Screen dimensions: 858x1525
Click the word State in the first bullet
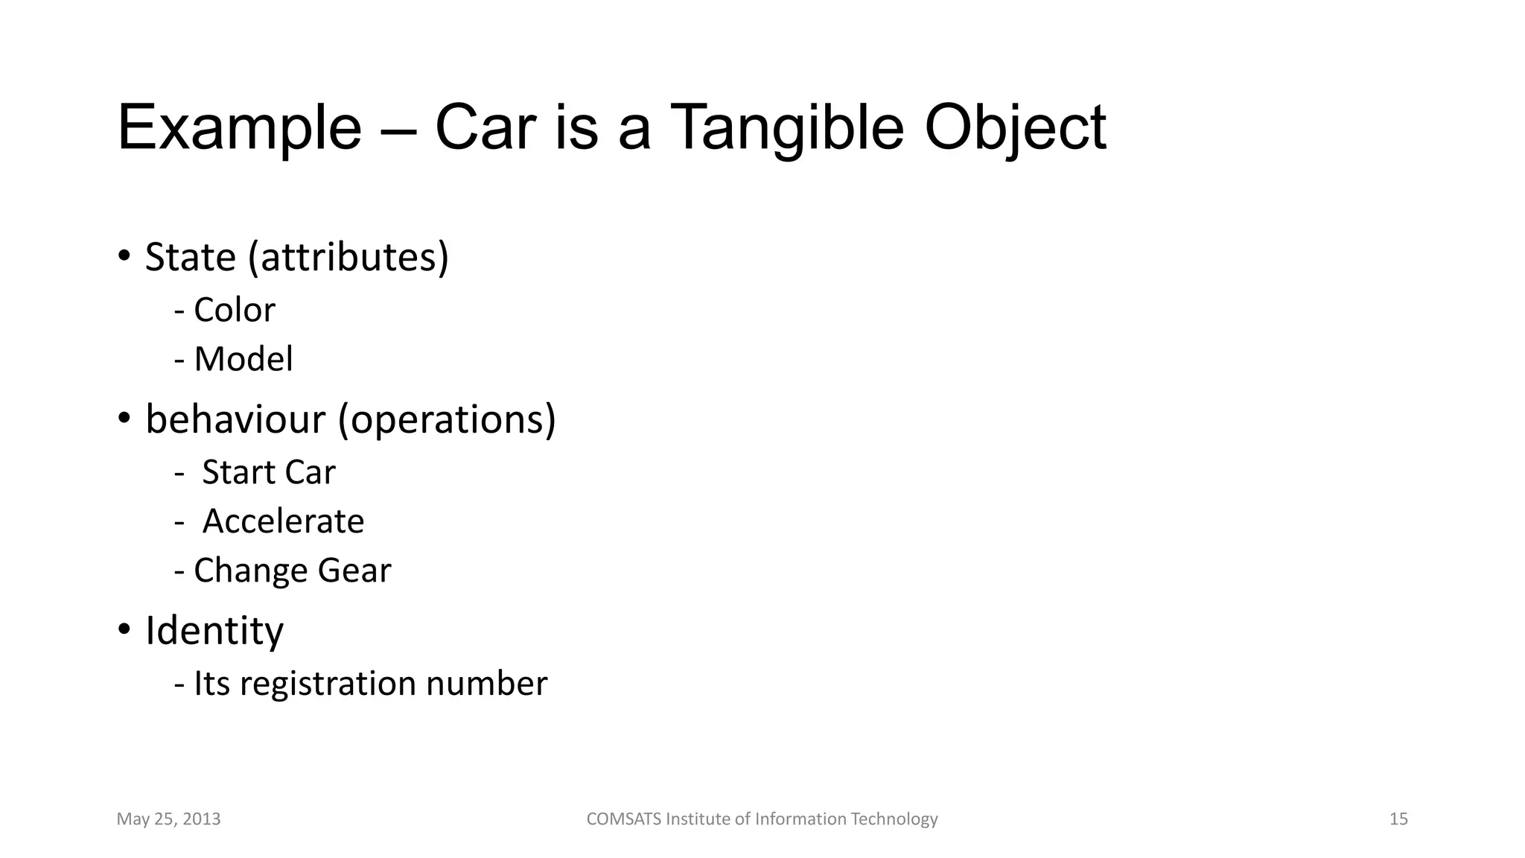coord(190,258)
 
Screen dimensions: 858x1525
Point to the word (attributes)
coord(348,258)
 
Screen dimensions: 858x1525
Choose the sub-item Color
coord(234,311)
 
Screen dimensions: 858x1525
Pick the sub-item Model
coord(243,360)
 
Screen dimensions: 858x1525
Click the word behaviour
coord(235,419)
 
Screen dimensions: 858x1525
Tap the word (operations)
coord(447,419)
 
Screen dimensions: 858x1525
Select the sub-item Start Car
coord(268,473)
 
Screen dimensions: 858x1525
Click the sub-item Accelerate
coord(283,521)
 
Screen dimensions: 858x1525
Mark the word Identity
coord(214,632)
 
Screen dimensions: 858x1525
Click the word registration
coord(328,684)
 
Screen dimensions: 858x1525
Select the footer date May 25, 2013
coord(169,819)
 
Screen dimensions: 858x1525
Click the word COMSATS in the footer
coord(623,819)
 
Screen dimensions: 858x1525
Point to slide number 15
coord(1398,819)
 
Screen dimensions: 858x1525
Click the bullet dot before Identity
coord(124,630)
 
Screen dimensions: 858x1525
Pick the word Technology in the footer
coord(894,819)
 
